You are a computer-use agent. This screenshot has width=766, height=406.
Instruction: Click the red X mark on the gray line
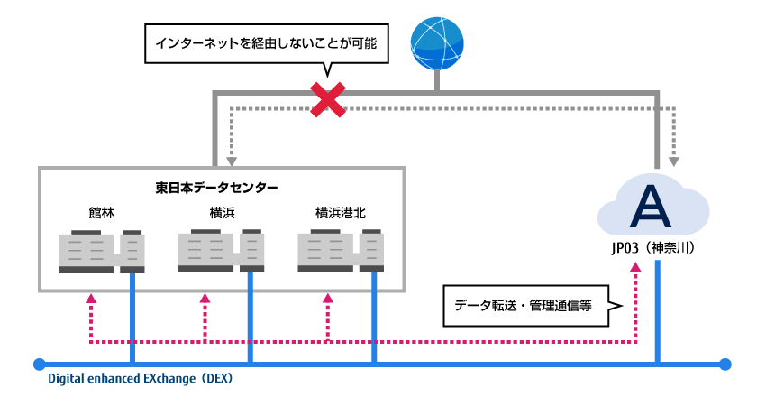[328, 99]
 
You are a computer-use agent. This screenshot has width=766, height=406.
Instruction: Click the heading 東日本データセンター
[216, 188]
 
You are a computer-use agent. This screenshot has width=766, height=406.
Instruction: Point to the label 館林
[101, 214]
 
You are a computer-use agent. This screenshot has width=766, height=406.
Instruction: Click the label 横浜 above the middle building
[222, 214]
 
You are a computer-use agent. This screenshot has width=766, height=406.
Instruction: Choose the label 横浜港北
[341, 214]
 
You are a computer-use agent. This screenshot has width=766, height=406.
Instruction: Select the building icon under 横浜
[222, 252]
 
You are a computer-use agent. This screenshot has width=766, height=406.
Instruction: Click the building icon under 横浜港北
[341, 252]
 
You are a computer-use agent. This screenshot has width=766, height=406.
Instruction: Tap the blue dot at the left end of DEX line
[38, 364]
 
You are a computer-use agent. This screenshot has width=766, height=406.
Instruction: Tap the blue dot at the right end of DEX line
[725, 364]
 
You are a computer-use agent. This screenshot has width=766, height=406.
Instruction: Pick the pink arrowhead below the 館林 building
[90, 299]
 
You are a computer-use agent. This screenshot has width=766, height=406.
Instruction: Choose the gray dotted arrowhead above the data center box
[233, 163]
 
